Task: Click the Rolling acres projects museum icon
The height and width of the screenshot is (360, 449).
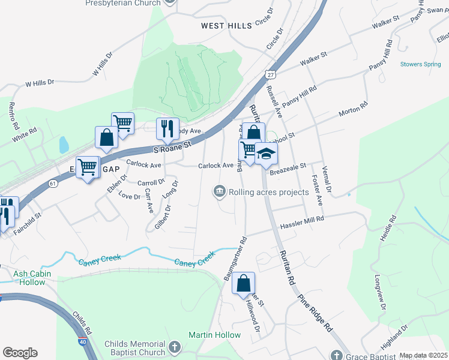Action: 220,192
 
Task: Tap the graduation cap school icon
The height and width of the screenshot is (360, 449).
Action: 266,154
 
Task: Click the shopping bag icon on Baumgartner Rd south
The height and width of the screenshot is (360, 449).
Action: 244,284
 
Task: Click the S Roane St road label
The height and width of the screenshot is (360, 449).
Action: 172,146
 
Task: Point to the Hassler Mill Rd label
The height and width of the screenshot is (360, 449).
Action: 302,223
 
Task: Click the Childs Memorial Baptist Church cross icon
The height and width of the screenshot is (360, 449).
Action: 174,347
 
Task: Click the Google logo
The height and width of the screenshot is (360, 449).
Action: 20,352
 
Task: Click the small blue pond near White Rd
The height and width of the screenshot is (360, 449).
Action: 64,144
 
